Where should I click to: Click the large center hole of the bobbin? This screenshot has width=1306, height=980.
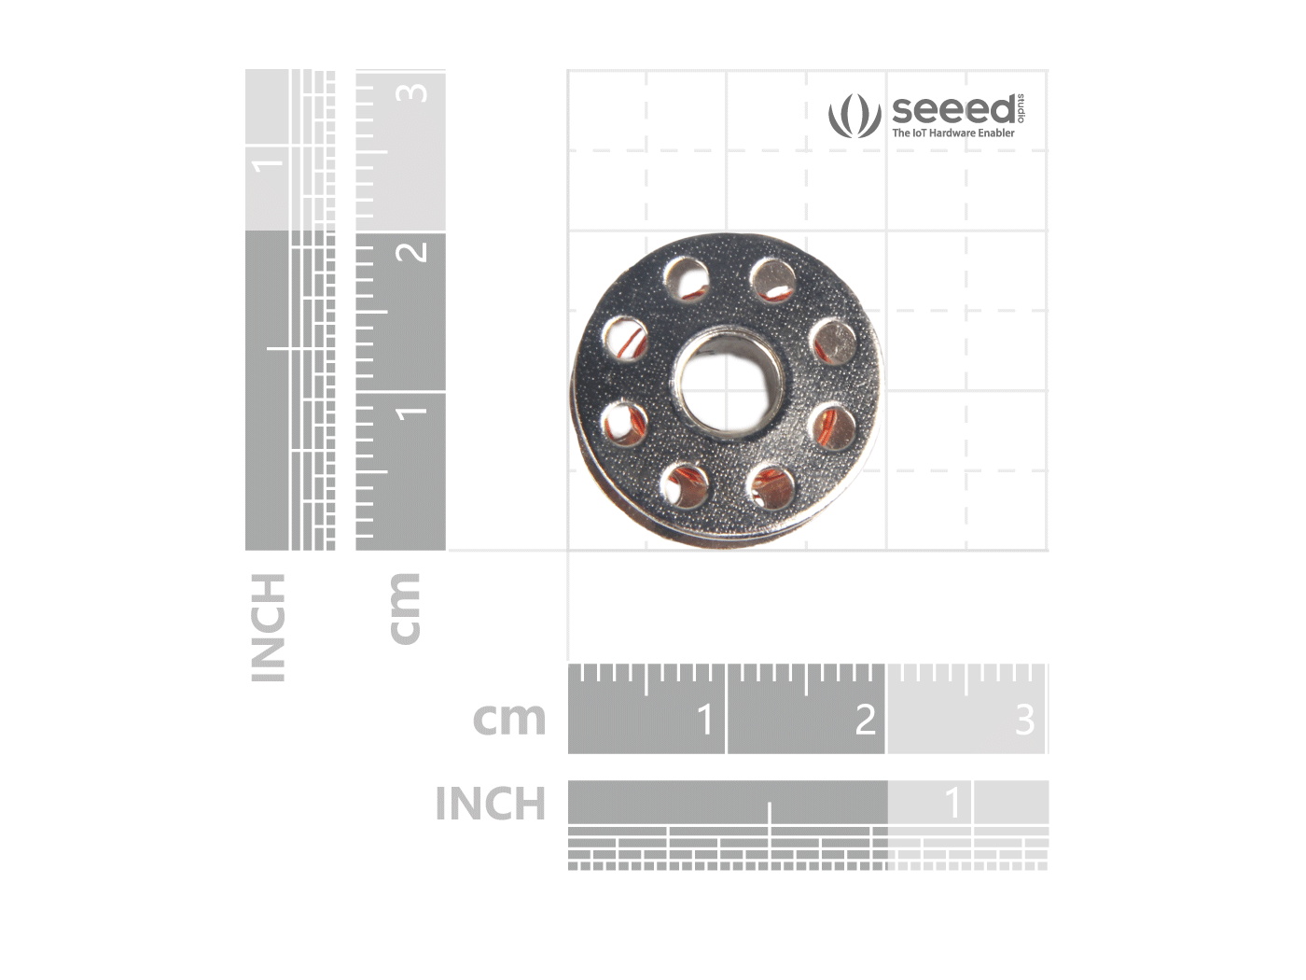pyautogui.click(x=727, y=387)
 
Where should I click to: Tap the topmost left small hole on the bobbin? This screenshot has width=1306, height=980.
pyautogui.click(x=688, y=279)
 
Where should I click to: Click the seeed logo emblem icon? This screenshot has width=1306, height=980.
pyautogui.click(x=854, y=116)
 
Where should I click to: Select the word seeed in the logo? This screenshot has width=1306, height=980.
pyautogui.click(x=953, y=109)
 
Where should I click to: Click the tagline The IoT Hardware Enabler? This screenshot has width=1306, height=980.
pyautogui.click(x=953, y=133)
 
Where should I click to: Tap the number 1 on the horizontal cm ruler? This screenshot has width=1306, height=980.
pyautogui.click(x=704, y=720)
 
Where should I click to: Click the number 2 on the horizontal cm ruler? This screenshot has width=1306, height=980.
pyautogui.click(x=865, y=720)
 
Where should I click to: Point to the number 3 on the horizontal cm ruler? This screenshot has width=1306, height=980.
pyautogui.click(x=1024, y=720)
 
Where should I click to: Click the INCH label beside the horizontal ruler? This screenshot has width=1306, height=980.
pyautogui.click(x=491, y=804)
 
